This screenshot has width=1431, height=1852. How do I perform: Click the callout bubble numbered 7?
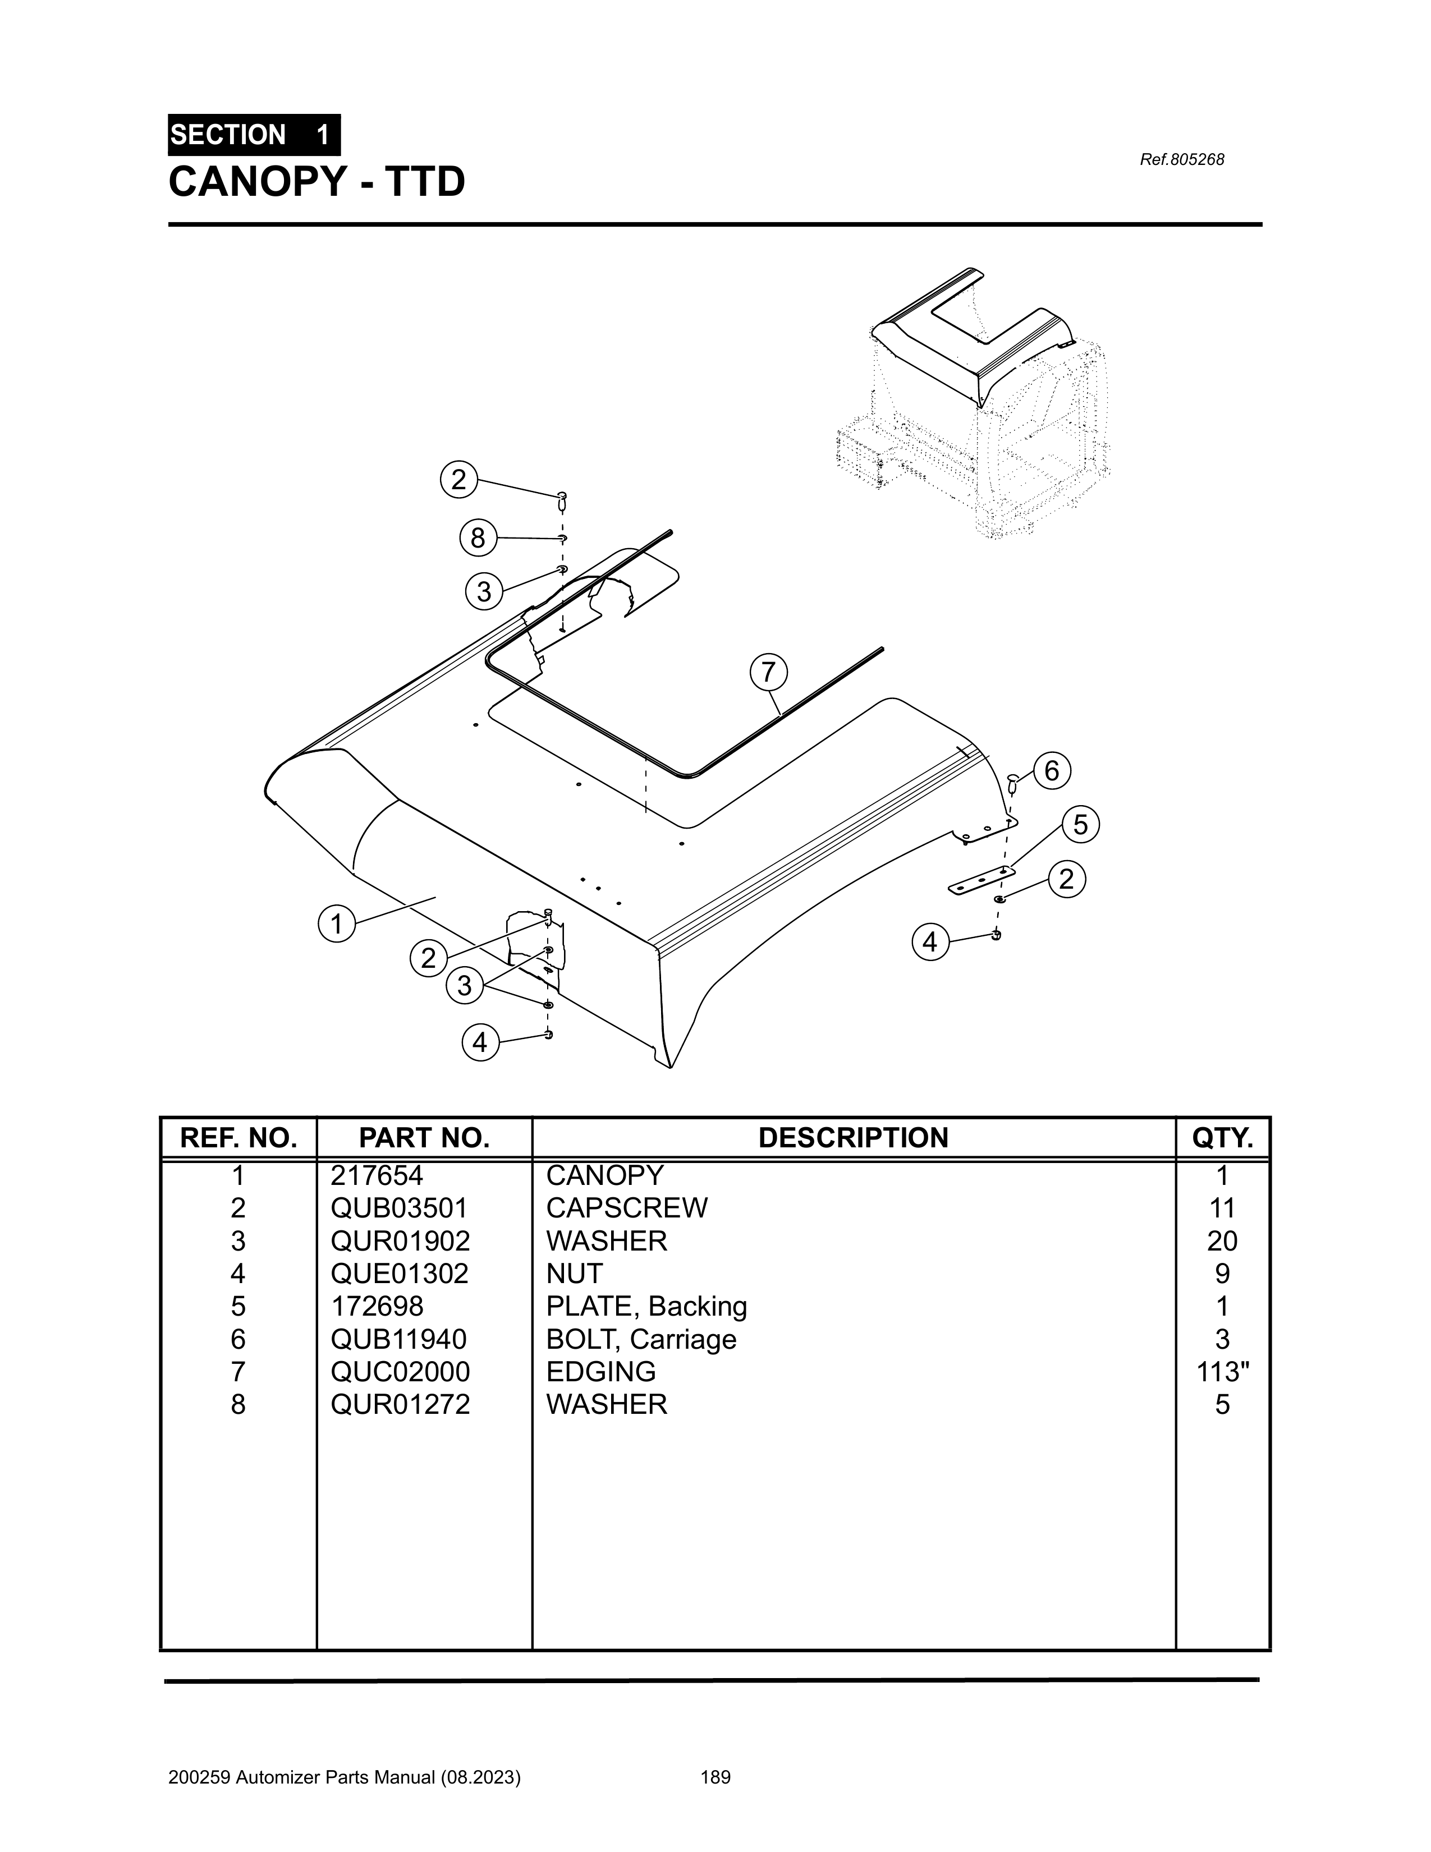(768, 673)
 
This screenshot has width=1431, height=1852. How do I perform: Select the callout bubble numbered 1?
(337, 923)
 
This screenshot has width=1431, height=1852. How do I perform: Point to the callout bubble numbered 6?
(1052, 771)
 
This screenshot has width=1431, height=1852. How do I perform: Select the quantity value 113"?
(1222, 1371)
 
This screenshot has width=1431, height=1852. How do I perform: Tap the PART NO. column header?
(424, 1138)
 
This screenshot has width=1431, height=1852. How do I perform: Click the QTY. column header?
(1222, 1138)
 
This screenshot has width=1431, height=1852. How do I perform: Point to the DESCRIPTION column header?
(854, 1138)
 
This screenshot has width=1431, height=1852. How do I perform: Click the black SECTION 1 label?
(254, 135)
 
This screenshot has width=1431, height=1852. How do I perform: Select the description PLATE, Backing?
(646, 1306)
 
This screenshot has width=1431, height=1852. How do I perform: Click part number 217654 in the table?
(377, 1175)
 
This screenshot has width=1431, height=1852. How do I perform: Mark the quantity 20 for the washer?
(1222, 1240)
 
